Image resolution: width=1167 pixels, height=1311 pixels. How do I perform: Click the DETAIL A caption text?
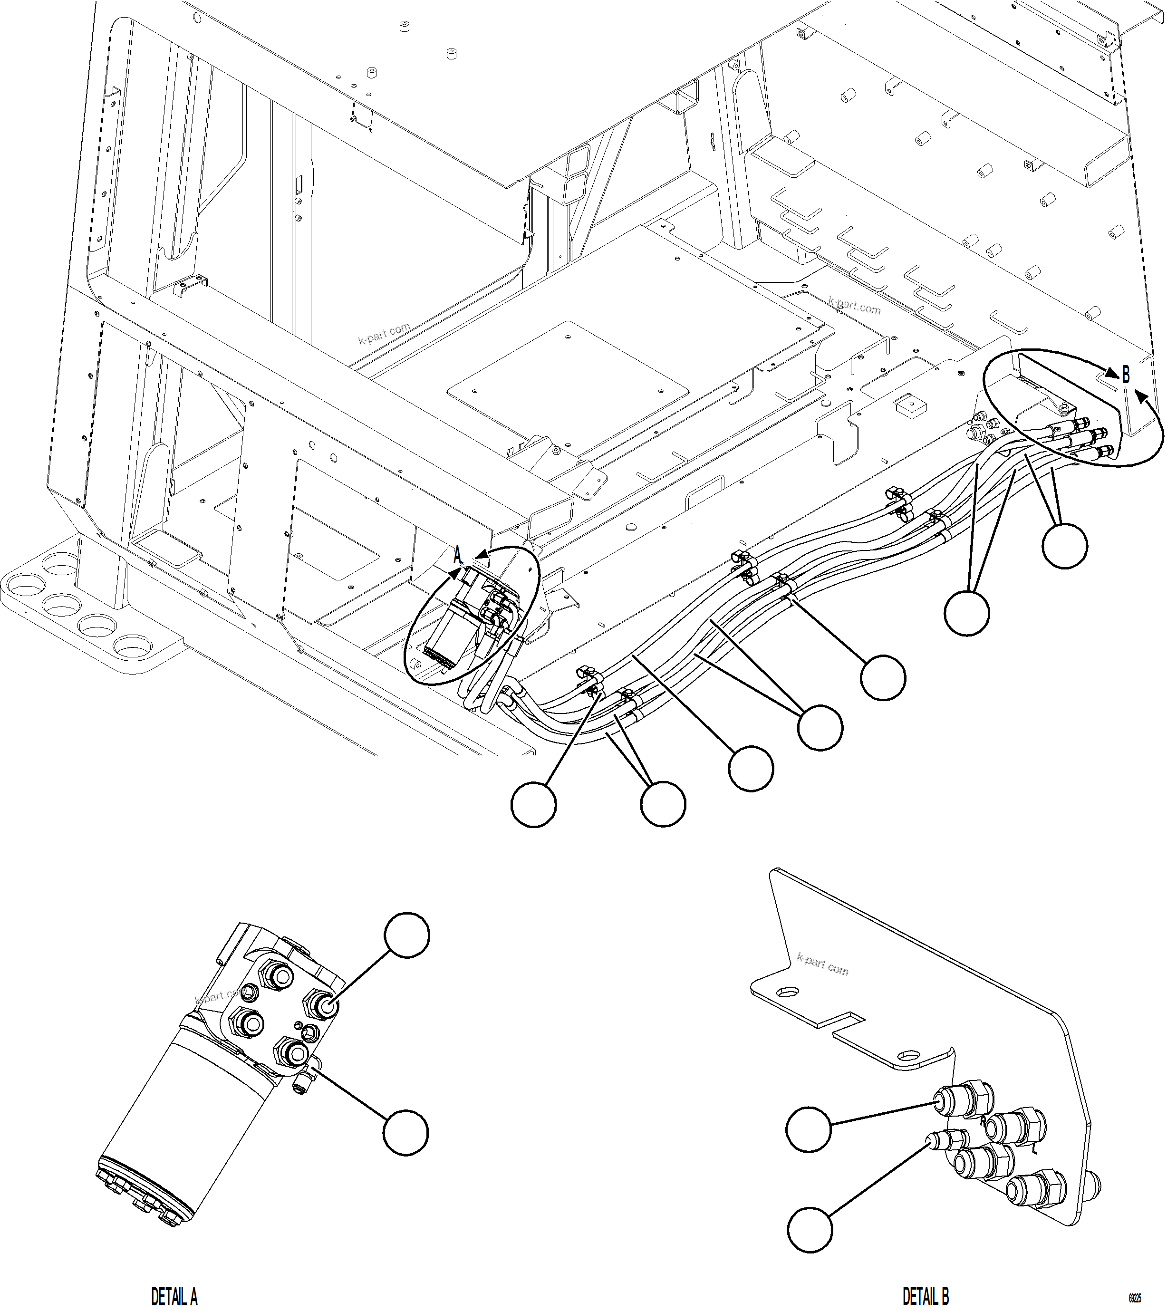point(174,1296)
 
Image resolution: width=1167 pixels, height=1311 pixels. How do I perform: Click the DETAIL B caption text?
point(926,1296)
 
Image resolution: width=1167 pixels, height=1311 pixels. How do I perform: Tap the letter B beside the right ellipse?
point(1126,375)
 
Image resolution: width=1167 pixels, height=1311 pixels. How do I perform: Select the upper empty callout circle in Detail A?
point(407,935)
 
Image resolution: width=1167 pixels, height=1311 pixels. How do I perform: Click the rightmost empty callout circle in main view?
point(1064,546)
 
